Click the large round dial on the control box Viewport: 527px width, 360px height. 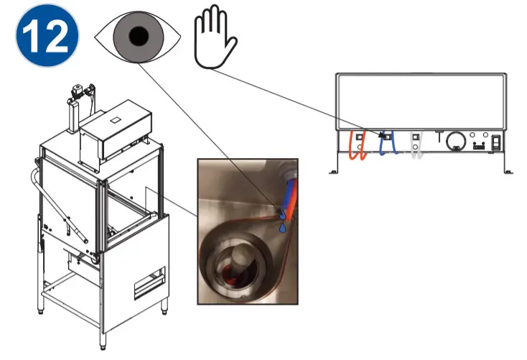(x=454, y=142)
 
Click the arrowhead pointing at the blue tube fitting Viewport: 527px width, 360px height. (x=381, y=134)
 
